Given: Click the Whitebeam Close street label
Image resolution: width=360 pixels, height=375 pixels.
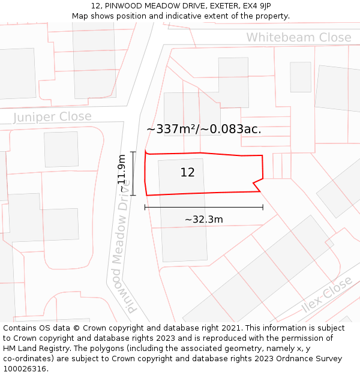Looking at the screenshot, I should tap(298, 38).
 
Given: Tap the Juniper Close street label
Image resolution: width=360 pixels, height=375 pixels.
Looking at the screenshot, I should tap(52, 117).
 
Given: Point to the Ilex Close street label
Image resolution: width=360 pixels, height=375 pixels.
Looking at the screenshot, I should tap(327, 296).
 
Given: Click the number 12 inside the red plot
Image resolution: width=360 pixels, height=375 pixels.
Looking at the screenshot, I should tap(187, 173).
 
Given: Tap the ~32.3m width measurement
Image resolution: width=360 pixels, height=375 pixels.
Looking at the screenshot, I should tap(203, 220).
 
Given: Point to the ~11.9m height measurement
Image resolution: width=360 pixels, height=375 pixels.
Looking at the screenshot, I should tap(122, 173).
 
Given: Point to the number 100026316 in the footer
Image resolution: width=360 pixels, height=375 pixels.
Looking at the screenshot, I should tap(25, 369).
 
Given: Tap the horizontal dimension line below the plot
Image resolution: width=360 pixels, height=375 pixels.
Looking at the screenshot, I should tap(203, 208).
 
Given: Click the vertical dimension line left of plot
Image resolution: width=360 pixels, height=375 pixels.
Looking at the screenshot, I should tap(133, 173).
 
